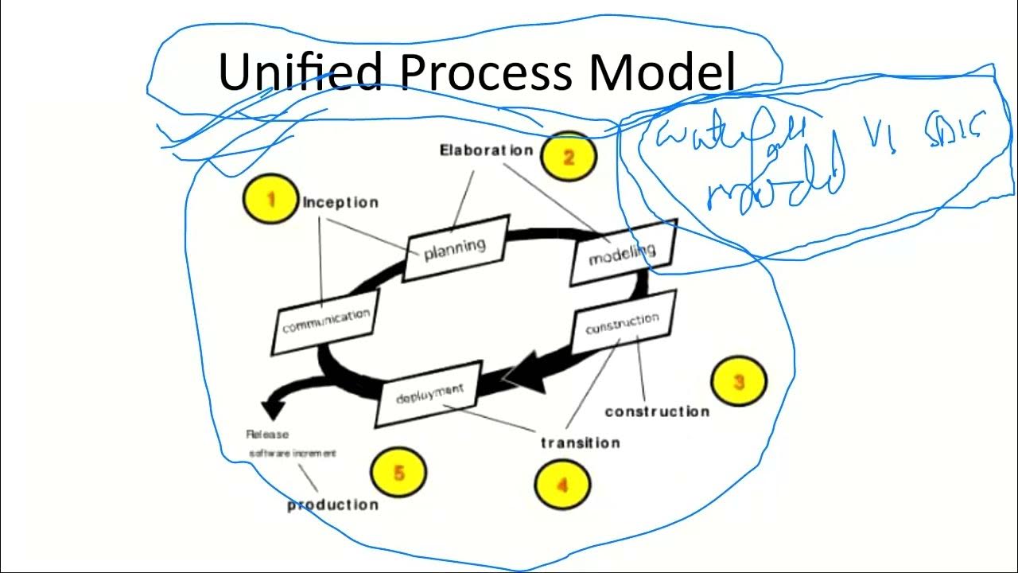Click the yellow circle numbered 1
pyautogui.click(x=270, y=199)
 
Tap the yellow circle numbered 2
pyautogui.click(x=568, y=157)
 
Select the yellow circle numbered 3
pyautogui.click(x=739, y=382)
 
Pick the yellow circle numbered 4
pyautogui.click(x=562, y=484)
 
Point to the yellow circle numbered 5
pyautogui.click(x=398, y=473)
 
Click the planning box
pyautogui.click(x=456, y=248)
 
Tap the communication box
pyautogui.click(x=326, y=321)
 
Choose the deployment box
pyautogui.click(x=429, y=393)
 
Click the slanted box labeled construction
pyautogui.click(x=623, y=323)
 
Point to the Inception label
pyautogui.click(x=340, y=202)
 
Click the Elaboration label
pyautogui.click(x=486, y=150)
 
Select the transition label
pyautogui.click(x=580, y=442)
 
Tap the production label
pyautogui.click(x=332, y=505)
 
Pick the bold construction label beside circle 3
pyautogui.click(x=657, y=411)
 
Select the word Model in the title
pyautogui.click(x=662, y=72)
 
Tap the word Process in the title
pyautogui.click(x=485, y=72)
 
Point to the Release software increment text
pyautogui.click(x=290, y=444)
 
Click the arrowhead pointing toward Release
pyautogui.click(x=273, y=409)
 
